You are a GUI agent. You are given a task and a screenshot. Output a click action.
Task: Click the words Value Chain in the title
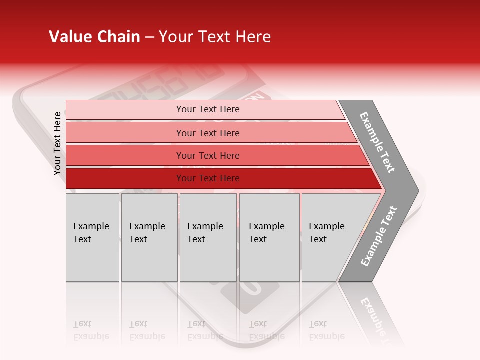tap(94, 37)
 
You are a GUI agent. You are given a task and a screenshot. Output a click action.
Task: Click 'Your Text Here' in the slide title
tap(215, 37)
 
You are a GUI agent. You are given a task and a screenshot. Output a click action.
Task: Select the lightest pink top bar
tap(125, 110)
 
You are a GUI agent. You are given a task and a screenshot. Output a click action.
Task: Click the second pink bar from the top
tap(125, 133)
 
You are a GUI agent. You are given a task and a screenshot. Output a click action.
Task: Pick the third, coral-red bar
tap(125, 155)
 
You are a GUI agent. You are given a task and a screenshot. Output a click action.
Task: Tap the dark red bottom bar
tap(125, 178)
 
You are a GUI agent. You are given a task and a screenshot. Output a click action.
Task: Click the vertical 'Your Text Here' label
tap(57, 143)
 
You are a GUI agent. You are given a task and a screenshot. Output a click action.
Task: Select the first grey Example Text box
tap(92, 237)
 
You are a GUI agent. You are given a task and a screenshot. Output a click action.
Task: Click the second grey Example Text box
tap(149, 237)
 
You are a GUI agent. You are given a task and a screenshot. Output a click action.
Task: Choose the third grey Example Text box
tap(208, 237)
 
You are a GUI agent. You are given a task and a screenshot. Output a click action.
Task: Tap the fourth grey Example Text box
tap(269, 237)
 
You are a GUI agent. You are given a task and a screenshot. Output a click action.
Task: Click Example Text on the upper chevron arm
tap(378, 142)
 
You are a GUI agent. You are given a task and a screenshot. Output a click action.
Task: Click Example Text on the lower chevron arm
tap(379, 236)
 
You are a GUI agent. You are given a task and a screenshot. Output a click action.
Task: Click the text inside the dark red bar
tap(208, 178)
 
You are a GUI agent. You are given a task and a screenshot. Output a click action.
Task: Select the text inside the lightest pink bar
tap(208, 109)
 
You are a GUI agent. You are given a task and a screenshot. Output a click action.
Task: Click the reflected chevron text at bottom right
tap(374, 317)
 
